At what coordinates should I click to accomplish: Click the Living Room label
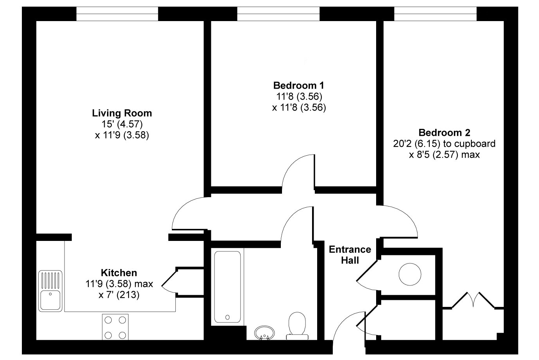coord(122,113)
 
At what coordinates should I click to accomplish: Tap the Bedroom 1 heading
coord(299,86)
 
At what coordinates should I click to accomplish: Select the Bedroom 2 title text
coord(444,133)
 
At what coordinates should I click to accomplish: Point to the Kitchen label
coord(119,273)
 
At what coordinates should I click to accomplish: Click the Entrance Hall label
coord(350,255)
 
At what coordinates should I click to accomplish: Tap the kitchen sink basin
coord(50,300)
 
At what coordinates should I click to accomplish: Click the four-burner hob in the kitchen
coord(115,327)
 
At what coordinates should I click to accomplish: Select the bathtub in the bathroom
coord(227,287)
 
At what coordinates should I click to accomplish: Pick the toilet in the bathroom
coord(297,326)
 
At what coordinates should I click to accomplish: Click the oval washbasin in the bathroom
coord(264,333)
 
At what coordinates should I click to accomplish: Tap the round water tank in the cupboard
coord(410,274)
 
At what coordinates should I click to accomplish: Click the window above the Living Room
coord(117,14)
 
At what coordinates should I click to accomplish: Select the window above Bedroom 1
coord(278,14)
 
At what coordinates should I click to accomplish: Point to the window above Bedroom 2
coord(435,14)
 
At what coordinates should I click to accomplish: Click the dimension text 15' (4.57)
coord(122,124)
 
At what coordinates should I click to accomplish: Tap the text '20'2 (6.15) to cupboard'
coord(444,144)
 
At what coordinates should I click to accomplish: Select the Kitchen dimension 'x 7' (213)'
coord(119,295)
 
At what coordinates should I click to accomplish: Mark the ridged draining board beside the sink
coord(50,280)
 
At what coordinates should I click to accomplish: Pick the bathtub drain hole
coord(227,317)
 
